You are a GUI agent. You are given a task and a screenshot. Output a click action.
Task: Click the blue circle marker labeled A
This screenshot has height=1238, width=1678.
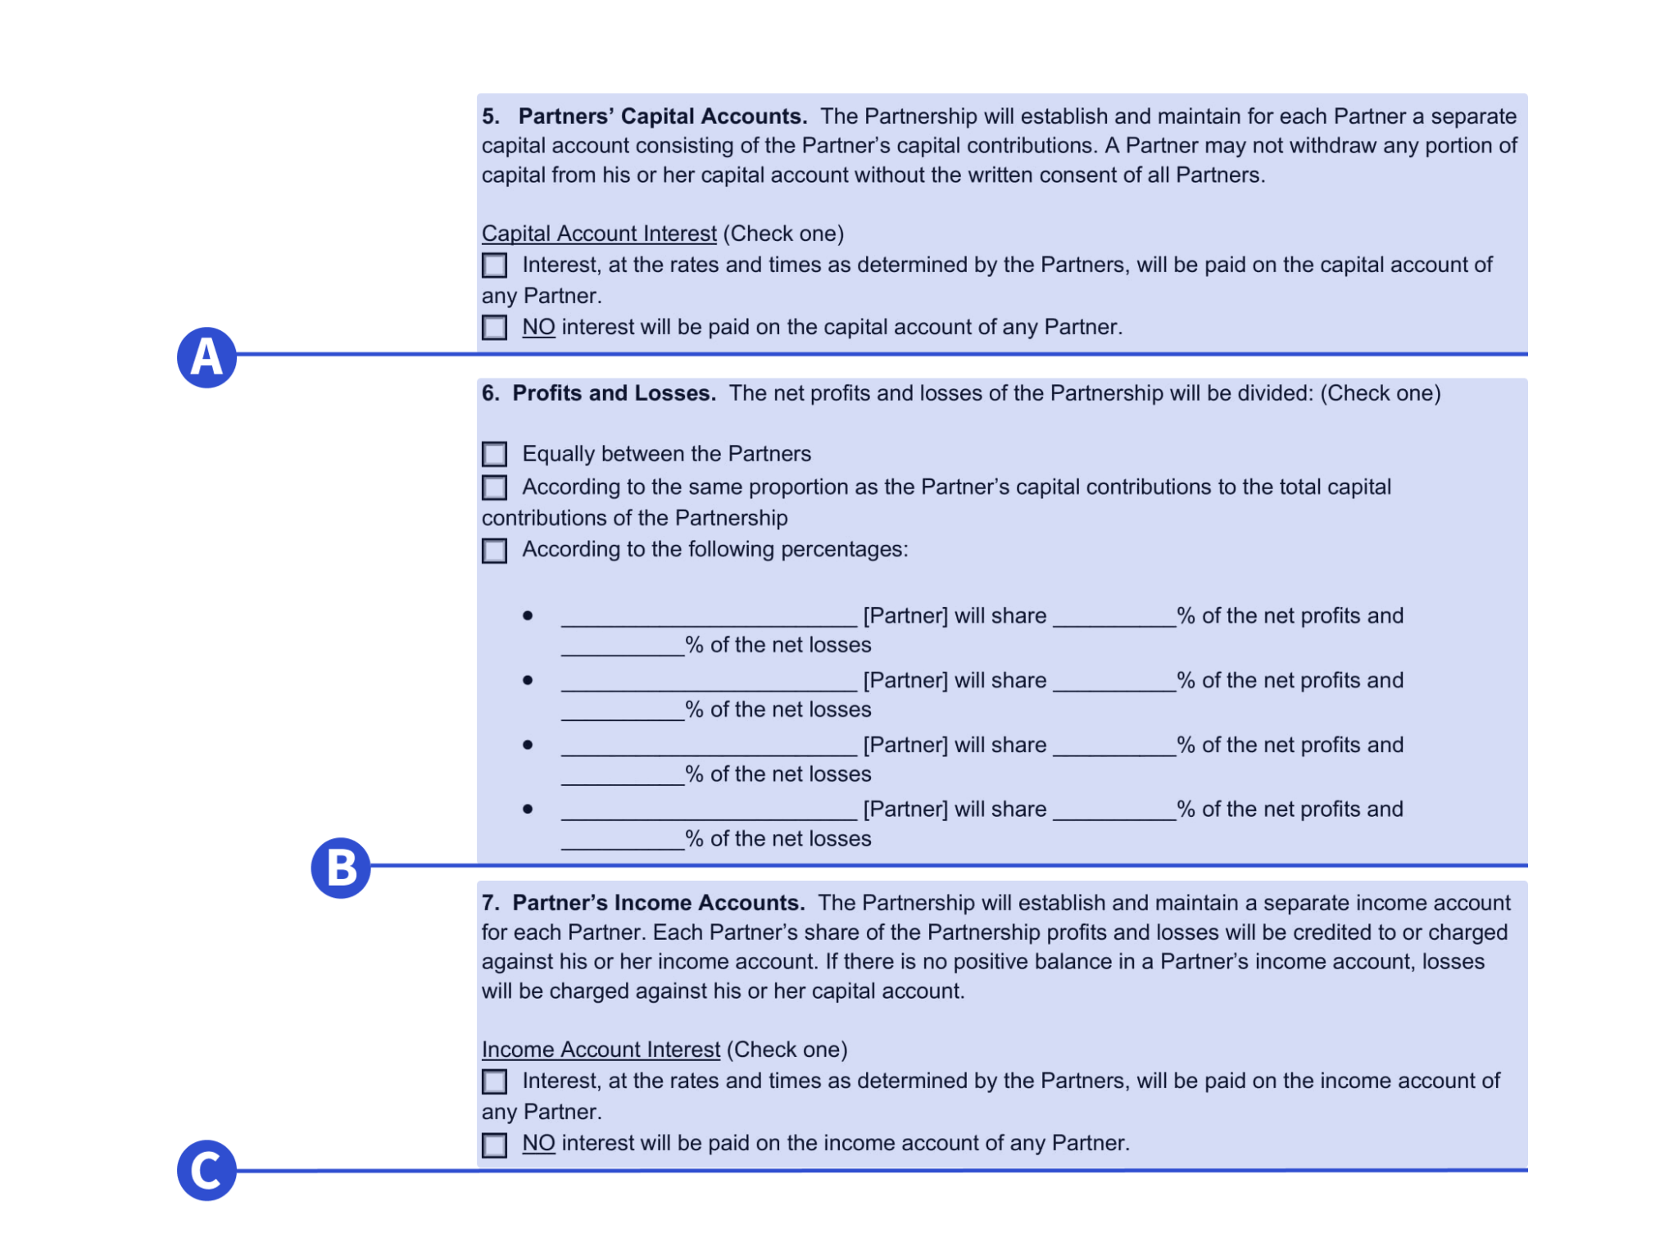point(206,357)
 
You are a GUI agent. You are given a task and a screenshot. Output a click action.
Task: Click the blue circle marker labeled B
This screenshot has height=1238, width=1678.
point(341,868)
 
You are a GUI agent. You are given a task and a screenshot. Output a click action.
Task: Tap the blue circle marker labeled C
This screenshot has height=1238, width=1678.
point(206,1170)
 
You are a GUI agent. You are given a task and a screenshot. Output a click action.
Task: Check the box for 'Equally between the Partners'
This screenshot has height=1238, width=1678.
point(494,454)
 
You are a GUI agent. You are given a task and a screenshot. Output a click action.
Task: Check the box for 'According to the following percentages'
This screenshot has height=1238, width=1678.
point(494,551)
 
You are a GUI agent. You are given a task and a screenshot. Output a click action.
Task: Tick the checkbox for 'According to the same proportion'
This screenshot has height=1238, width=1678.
point(494,487)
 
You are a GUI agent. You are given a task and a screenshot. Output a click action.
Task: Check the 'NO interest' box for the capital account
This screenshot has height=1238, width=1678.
point(494,328)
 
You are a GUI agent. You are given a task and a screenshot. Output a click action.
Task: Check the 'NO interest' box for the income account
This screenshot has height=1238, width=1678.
point(494,1145)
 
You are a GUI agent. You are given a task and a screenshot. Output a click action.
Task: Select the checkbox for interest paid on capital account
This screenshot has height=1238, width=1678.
point(494,265)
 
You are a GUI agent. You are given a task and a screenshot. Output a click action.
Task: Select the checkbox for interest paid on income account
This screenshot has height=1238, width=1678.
point(494,1082)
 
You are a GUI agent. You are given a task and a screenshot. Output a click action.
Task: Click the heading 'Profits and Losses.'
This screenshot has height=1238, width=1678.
point(614,393)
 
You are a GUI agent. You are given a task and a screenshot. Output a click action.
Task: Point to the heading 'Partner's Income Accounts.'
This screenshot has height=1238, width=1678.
point(658,903)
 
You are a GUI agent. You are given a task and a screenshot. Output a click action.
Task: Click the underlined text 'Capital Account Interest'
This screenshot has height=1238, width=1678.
point(599,234)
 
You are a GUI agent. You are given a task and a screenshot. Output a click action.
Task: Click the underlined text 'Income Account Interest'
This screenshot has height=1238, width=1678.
point(601,1050)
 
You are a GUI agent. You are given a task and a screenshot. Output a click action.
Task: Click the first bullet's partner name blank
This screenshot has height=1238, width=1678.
point(709,618)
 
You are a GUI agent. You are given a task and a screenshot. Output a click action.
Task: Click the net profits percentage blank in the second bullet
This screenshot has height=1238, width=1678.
point(1114,682)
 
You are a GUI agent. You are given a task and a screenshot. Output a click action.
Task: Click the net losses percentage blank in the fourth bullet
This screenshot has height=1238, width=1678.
point(623,841)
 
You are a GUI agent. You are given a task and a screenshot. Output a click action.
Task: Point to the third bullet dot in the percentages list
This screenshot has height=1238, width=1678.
point(528,745)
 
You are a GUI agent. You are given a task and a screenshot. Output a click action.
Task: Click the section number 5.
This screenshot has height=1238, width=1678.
point(490,116)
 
